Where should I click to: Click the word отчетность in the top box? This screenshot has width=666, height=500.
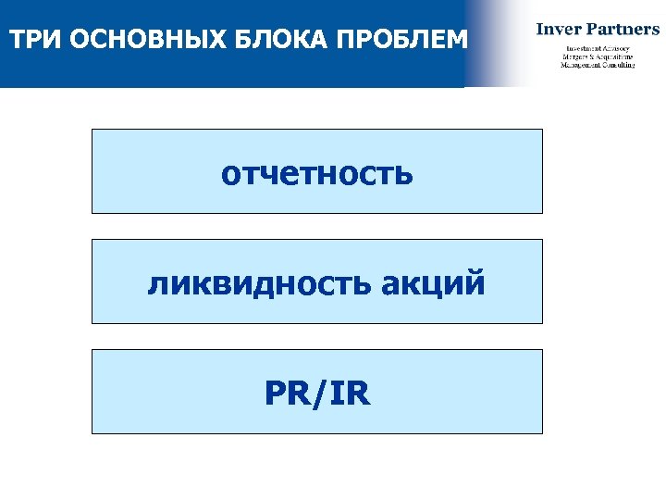pos(316,173)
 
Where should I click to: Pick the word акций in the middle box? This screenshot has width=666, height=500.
pos(431,283)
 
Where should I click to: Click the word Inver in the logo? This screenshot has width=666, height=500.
pos(559,29)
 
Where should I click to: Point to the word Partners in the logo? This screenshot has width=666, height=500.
pos(624,29)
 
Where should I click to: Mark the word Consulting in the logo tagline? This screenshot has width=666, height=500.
pos(621,65)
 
